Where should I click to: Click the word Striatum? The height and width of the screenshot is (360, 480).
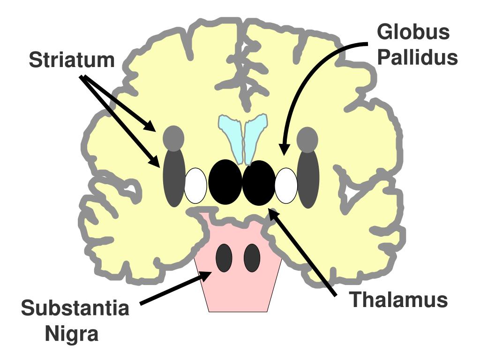tap(72, 60)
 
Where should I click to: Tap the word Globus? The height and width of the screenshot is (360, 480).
tap(413, 31)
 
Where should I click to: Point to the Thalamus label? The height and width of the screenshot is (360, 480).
tap(398, 300)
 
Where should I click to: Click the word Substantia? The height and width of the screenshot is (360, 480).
tap(75, 307)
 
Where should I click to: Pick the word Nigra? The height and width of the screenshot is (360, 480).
tap(72, 333)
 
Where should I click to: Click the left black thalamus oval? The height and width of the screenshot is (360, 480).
tap(225, 182)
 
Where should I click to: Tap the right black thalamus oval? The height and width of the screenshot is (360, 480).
tap(259, 183)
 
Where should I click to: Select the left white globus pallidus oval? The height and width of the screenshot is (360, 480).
tap(195, 186)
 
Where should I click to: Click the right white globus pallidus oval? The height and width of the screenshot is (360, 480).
tap(286, 186)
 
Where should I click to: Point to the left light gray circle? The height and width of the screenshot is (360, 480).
tap(173, 138)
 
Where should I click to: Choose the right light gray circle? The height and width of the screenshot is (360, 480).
tap(307, 140)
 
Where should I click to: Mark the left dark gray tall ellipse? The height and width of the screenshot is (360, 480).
tap(174, 178)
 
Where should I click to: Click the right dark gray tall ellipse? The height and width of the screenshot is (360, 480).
tap(308, 180)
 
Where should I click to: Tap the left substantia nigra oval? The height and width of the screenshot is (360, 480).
tap(224, 258)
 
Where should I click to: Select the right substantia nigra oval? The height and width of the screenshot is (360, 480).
tap(252, 258)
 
